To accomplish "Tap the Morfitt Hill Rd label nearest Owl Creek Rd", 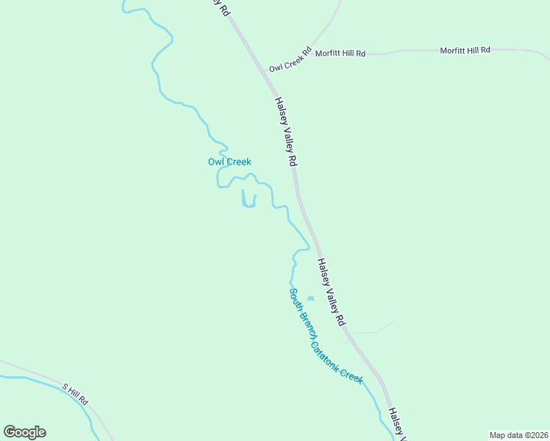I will (x=340, y=54).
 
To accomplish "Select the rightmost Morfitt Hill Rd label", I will (x=465, y=50).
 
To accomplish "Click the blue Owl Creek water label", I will (x=229, y=162).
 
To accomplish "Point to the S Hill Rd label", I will (x=75, y=395).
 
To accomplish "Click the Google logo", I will (x=24, y=432).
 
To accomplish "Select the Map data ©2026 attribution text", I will (x=518, y=435).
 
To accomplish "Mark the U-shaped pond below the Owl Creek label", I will (x=249, y=199).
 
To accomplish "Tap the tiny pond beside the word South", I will (x=310, y=298).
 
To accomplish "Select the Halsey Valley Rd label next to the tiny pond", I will (x=331, y=293).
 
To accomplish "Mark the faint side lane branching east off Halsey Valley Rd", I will (x=371, y=331).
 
